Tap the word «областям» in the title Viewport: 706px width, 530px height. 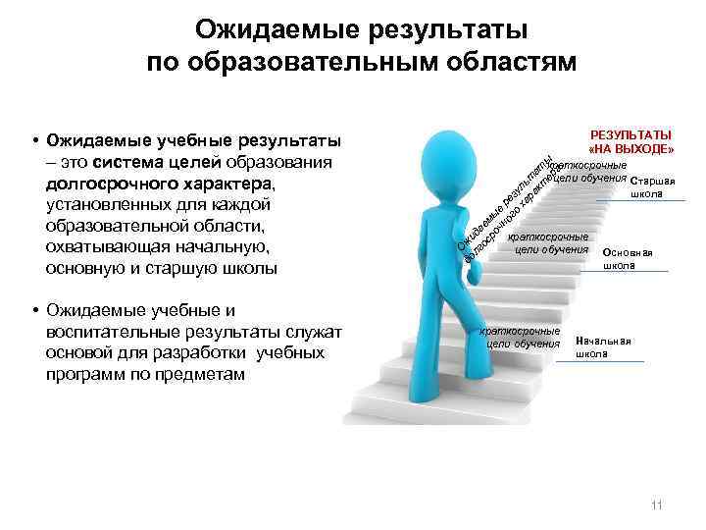point(502,63)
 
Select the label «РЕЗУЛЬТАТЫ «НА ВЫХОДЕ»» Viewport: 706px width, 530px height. point(630,141)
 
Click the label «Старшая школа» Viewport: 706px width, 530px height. point(652,187)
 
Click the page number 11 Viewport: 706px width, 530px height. point(657,505)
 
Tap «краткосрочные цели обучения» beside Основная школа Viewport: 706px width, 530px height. point(550,243)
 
